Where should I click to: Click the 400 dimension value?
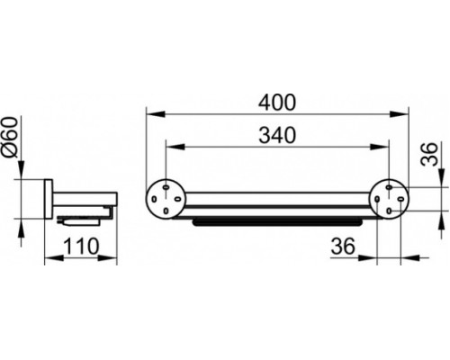coord(277,103)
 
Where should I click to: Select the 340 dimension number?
coord(277,135)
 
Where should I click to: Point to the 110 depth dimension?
coord(81,246)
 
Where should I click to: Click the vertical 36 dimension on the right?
coord(428,154)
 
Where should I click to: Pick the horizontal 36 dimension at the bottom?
coord(343,247)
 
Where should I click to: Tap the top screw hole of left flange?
coord(166,187)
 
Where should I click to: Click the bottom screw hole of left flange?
coord(166,211)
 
